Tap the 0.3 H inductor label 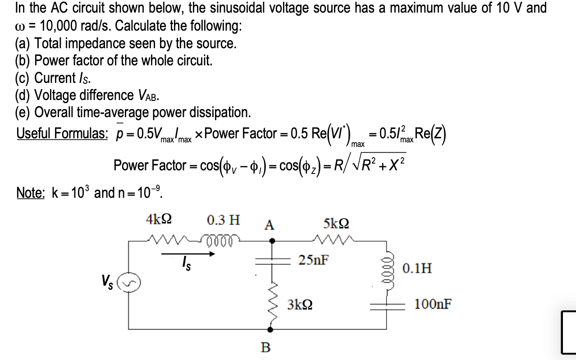[x=224, y=220]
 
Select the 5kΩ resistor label [x=336, y=223]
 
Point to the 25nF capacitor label [x=313, y=260]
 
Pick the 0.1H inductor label [x=418, y=269]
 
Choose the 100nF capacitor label [x=433, y=305]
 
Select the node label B [x=266, y=347]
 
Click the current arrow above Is [x=188, y=254]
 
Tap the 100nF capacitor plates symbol [x=386, y=306]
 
